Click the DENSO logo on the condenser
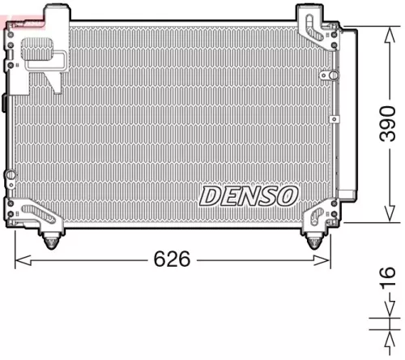point(249,195)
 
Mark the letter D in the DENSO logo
point(211,195)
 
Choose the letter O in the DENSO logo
point(288,195)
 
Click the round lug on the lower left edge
point(9,175)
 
